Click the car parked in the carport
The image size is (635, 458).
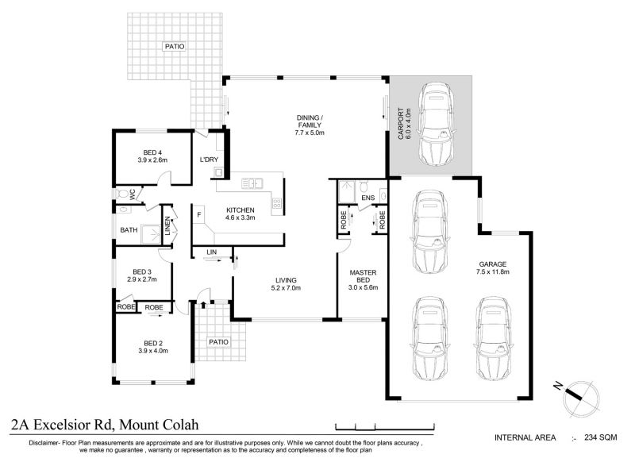437,124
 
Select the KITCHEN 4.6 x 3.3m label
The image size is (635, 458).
241,214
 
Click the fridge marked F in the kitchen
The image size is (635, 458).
199,214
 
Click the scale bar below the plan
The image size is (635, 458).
385,426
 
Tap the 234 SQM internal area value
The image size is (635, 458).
601,437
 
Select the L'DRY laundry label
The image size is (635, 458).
209,160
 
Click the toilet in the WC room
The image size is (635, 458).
121,193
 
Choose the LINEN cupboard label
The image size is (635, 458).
167,226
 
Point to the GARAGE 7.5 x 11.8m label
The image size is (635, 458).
492,268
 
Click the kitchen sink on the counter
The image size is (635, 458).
252,183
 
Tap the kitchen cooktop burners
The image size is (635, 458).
277,203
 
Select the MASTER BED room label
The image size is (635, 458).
363,280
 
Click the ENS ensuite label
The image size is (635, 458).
368,198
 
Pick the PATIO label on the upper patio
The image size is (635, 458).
175,47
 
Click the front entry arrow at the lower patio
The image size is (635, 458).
203,305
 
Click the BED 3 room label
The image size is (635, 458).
142,275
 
